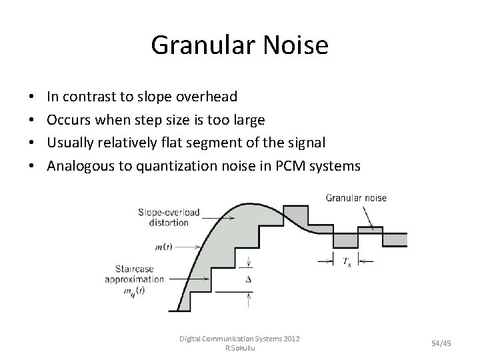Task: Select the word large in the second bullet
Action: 247,119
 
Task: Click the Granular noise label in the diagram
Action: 356,198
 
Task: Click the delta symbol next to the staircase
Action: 248,280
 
